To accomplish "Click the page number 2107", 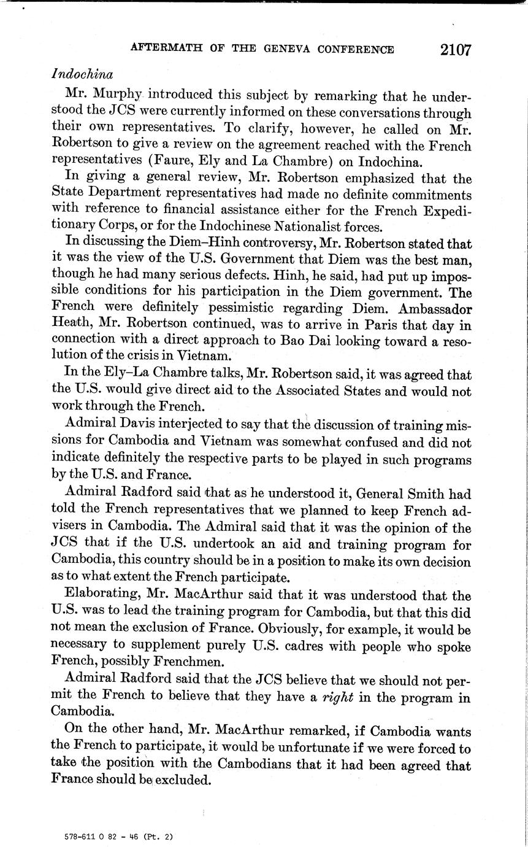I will (455, 50).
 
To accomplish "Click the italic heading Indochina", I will (82, 74).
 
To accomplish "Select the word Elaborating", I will (96, 595).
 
